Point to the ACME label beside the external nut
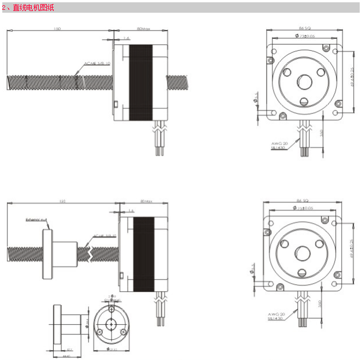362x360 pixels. [x=105, y=236]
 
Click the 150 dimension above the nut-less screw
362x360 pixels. [x=57, y=28]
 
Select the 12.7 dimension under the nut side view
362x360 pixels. [x=70, y=350]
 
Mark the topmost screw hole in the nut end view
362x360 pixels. [x=109, y=309]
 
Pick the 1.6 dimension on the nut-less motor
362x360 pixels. [x=126, y=39]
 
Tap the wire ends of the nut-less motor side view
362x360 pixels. [x=159, y=149]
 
